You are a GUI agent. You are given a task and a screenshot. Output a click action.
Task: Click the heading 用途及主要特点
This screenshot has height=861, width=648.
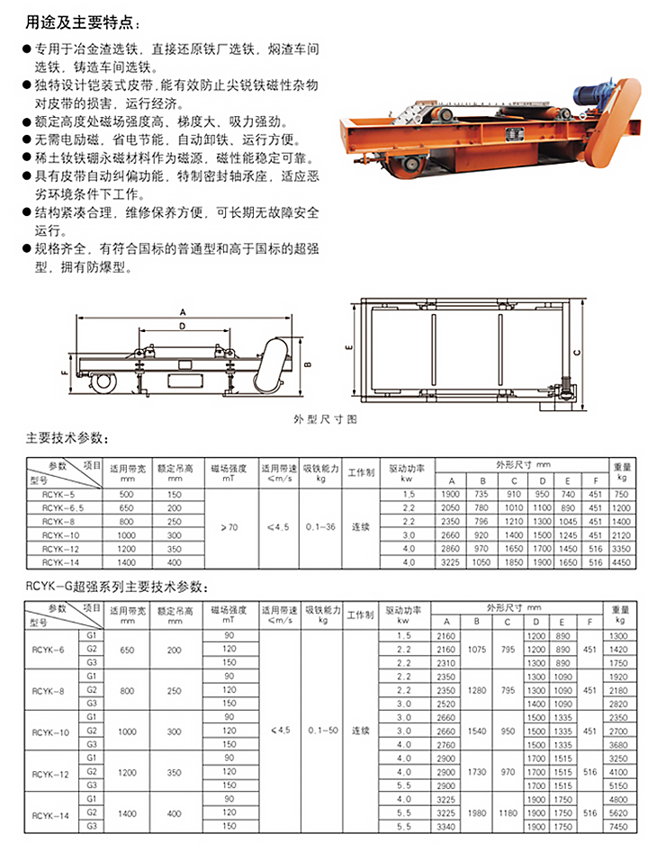click(x=83, y=21)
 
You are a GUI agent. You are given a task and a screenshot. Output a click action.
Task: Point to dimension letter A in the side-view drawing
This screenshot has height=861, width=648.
click(x=183, y=311)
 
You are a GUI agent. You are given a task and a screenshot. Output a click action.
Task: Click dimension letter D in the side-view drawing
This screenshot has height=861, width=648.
click(x=183, y=327)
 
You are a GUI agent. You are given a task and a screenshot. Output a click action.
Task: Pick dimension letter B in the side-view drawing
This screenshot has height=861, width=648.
click(x=306, y=364)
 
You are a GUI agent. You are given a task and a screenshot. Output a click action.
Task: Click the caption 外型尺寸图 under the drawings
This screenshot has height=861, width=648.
click(x=326, y=419)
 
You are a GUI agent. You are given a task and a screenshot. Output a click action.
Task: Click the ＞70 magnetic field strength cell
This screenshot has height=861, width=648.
click(x=228, y=527)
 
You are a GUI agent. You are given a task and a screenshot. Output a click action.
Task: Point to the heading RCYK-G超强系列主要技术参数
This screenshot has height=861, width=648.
click(x=116, y=587)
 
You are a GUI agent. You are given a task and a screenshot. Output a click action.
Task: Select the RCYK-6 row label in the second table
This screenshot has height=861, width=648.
click(x=49, y=649)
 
